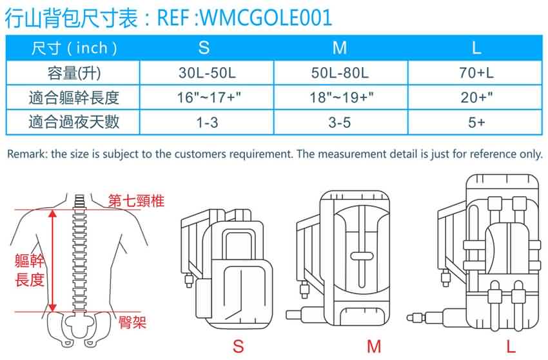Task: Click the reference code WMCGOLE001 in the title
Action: point(266,17)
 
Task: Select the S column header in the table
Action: point(204,48)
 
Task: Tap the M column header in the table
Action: point(340,48)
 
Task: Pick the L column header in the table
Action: point(476,48)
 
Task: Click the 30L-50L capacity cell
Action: point(207,73)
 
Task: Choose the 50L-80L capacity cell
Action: point(340,73)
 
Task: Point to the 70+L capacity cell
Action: point(476,73)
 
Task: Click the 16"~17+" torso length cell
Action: point(209,97)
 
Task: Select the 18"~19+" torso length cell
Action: point(342,97)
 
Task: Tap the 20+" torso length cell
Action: point(476,97)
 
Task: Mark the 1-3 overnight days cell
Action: point(207,123)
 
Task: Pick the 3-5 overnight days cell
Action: point(340,123)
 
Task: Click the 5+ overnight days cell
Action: point(476,123)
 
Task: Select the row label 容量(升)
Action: point(74,73)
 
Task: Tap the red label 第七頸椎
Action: point(136,201)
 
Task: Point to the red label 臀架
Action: point(132,322)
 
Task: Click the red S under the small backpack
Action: point(239,346)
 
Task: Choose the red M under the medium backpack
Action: point(374,346)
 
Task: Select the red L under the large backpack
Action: point(511,346)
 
